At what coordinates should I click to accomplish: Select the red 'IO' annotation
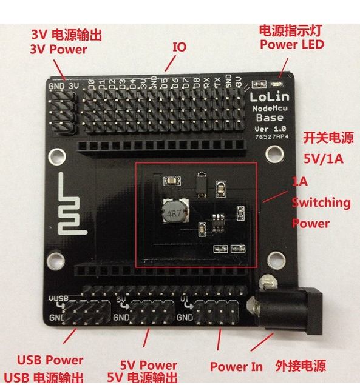179,47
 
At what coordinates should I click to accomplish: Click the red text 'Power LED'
292,44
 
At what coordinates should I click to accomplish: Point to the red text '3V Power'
58,50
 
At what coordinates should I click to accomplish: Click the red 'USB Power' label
50,360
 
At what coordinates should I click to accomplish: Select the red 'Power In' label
237,366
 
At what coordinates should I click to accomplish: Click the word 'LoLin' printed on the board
268,96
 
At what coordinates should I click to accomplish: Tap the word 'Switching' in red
321,203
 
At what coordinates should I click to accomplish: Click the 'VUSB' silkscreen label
58,299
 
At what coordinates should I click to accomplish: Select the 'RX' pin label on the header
207,82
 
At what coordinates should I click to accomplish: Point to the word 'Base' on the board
268,117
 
